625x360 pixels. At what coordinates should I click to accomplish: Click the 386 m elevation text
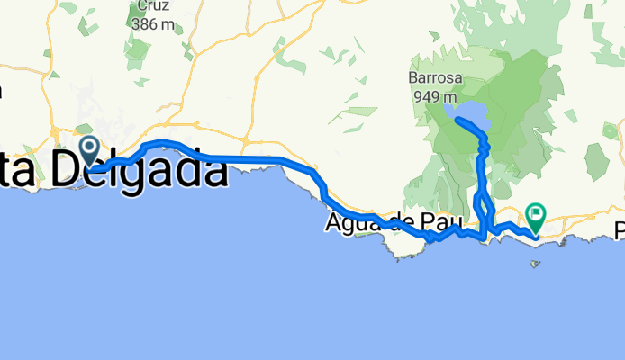tap(152, 24)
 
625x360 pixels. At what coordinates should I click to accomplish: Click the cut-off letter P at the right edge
tap(620, 231)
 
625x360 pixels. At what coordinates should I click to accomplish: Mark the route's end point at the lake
tap(459, 119)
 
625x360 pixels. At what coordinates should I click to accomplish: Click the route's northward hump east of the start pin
tap(162, 144)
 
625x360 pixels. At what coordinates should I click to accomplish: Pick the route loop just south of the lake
tap(484, 143)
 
